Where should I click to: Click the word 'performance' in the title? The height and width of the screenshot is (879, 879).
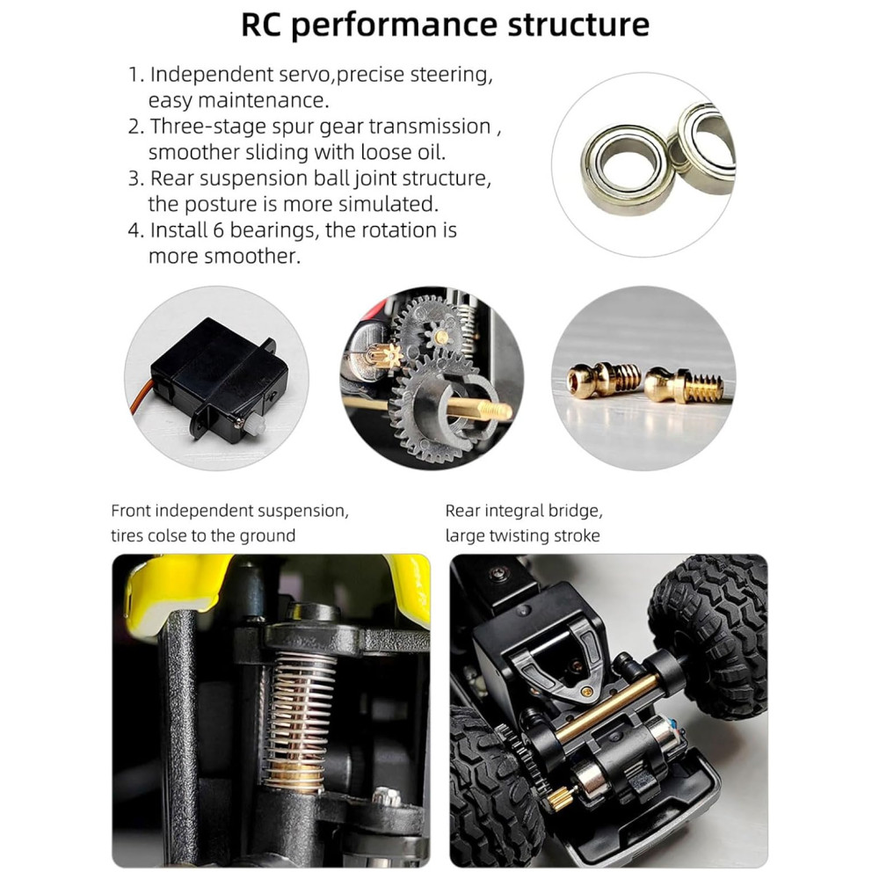click(x=394, y=25)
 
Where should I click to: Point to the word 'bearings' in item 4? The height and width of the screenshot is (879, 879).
click(x=273, y=229)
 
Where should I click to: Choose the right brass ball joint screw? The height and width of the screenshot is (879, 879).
click(x=684, y=385)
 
